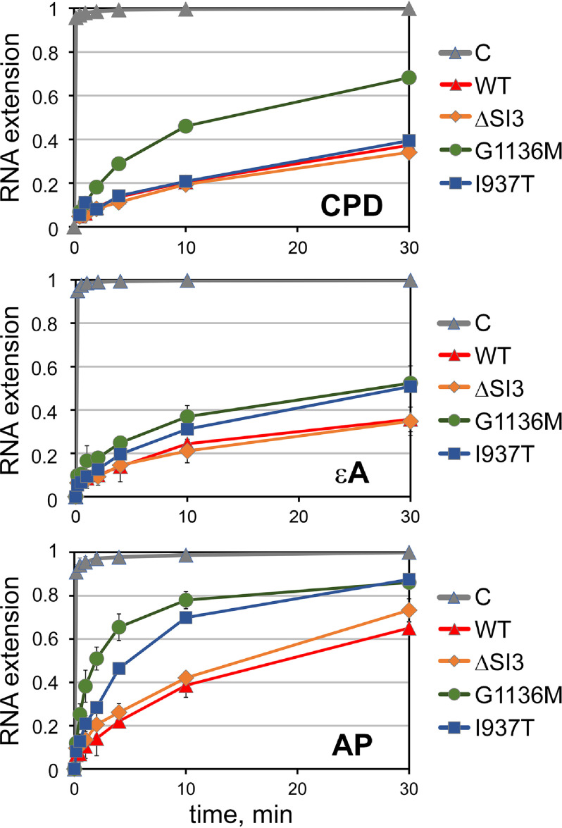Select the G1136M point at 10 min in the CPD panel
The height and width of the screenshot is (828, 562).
(186, 126)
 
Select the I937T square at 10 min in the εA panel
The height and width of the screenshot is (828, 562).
(186, 428)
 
